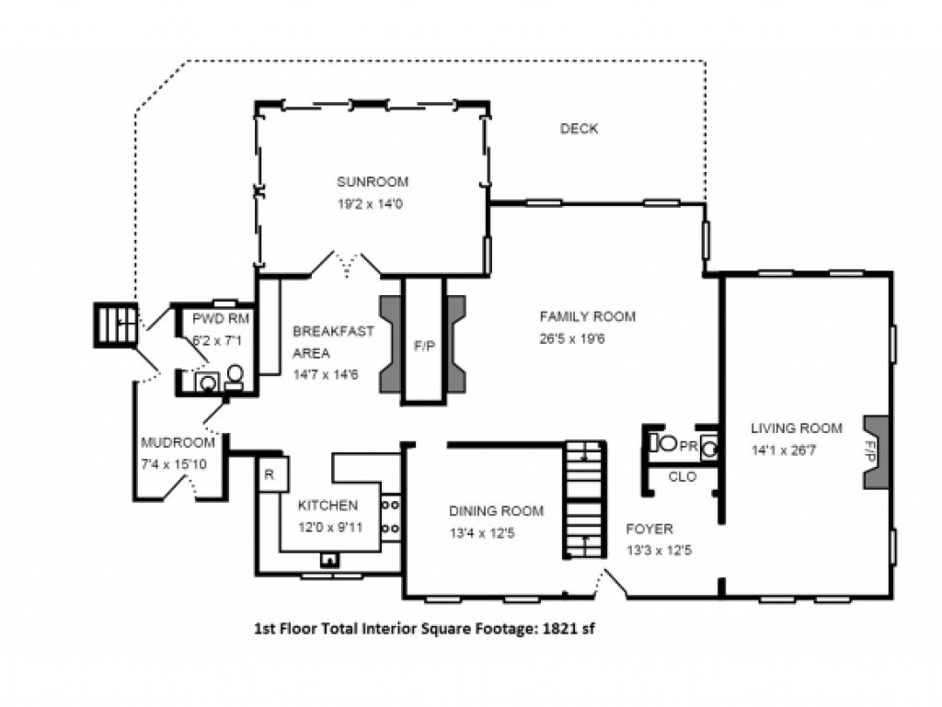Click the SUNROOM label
373,181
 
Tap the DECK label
580,129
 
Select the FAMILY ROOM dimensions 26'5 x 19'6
572,338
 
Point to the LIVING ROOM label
797,428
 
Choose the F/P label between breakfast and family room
424,347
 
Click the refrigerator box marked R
274,474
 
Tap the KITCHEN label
328,506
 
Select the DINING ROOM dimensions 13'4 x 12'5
482,533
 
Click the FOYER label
649,529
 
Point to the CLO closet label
683,476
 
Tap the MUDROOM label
178,442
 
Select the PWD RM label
221,318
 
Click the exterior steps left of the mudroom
116,325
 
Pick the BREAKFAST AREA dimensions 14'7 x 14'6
326,374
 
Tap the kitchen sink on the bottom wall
329,560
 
